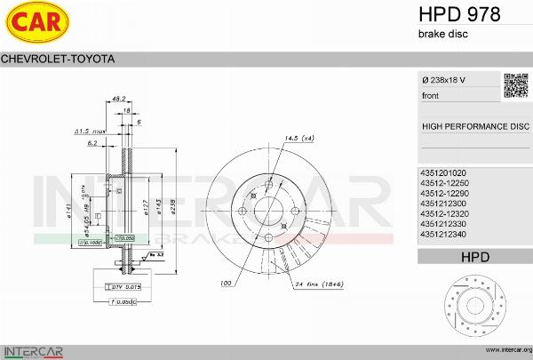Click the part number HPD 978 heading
coord(458,14)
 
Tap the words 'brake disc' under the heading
coord(442,34)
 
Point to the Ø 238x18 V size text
coord(443,81)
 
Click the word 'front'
coord(431,95)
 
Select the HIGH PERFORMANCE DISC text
coord(474,126)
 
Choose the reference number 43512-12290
coord(444,193)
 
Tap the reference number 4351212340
coord(443,235)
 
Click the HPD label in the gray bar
coord(474,258)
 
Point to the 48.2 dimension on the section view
coord(118,99)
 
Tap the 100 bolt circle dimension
coord(227,284)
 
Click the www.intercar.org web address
coord(503,350)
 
